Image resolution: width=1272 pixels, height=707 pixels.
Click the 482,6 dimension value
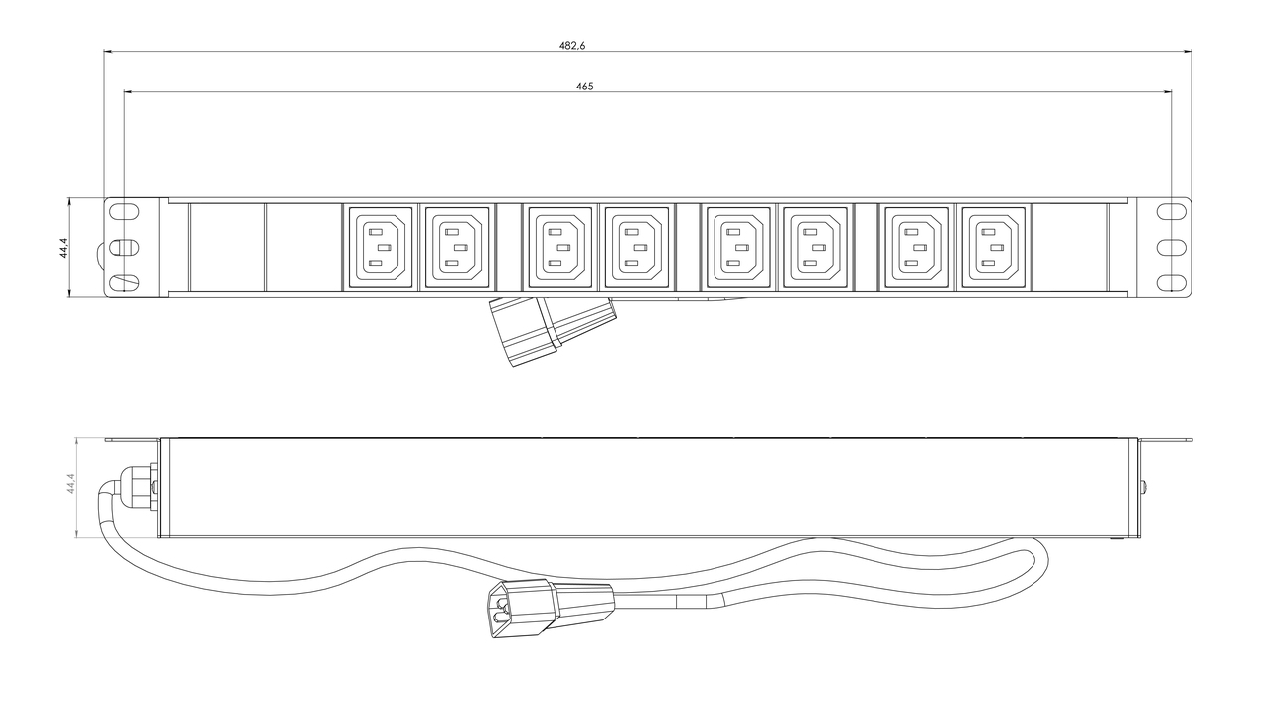click(571, 46)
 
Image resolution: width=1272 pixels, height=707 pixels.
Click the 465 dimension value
click(585, 87)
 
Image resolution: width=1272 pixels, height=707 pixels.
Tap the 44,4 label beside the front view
click(63, 248)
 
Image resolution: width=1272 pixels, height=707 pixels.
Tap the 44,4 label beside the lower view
click(71, 483)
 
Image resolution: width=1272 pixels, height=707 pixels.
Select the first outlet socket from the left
click(380, 248)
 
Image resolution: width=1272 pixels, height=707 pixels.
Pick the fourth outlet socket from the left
click(637, 248)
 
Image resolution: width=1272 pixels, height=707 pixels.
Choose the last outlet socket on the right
click(994, 248)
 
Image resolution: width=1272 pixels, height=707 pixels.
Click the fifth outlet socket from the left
click(738, 248)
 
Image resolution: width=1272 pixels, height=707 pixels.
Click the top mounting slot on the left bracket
click(124, 211)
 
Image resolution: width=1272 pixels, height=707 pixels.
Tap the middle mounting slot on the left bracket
click(124, 248)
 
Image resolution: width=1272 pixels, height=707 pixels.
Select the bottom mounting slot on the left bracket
click(124, 282)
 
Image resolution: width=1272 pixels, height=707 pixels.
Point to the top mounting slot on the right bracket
click(1172, 211)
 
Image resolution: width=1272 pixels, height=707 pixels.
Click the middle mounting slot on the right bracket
click(1172, 248)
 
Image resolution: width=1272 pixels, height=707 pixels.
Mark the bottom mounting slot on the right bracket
click(1172, 282)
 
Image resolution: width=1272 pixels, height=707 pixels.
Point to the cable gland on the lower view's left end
click(138, 487)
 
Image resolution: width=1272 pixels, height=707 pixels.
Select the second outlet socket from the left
click(457, 248)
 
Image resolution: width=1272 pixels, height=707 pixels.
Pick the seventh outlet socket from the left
click(916, 248)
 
